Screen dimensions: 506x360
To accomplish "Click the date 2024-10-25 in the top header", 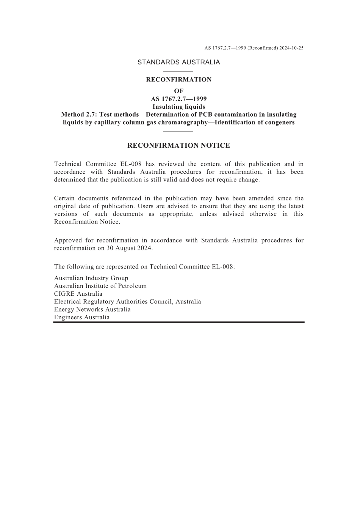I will pos(291,48).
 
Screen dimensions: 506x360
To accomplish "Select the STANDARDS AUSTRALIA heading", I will pos(178,62).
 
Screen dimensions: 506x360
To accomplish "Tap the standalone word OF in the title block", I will pos(178,91).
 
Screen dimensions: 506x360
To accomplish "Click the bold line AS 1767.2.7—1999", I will pos(178,99).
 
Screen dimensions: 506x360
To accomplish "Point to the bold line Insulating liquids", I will pos(178,107).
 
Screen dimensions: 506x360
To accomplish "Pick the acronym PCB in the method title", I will pos(207,114).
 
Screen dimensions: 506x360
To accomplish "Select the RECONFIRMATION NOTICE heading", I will pos(178,145).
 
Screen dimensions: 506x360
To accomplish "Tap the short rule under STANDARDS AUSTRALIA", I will pos(178,71).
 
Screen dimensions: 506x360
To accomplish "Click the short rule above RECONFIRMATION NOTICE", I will pos(178,131).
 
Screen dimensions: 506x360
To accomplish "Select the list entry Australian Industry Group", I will pos(91,278).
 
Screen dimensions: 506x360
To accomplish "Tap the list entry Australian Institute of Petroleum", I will pos(100,286).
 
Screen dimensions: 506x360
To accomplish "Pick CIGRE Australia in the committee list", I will pos(78,294).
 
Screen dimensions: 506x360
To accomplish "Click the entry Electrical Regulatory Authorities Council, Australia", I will pos(127,302).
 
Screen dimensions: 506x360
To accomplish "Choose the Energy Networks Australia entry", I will pos(92,309).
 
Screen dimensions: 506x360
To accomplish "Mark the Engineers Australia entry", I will pos(81,317).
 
